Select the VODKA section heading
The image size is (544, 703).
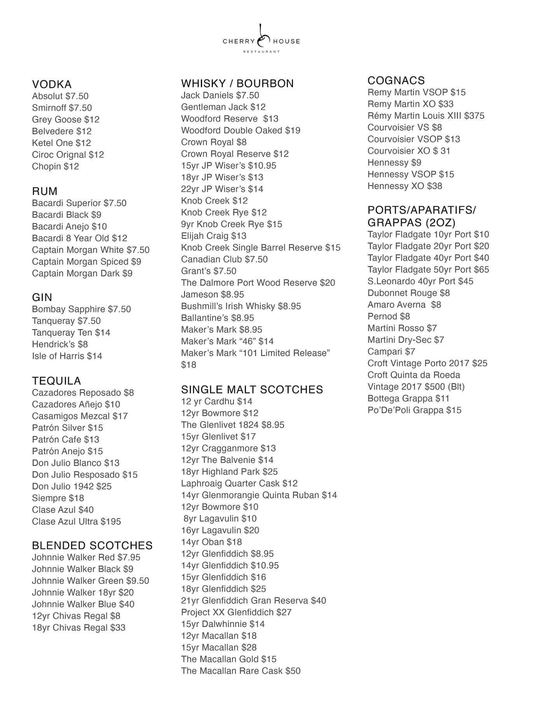[x=52, y=84]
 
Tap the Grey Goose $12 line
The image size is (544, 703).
[x=66, y=120]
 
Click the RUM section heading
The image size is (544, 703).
[x=45, y=191]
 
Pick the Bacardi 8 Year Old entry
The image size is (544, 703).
[x=80, y=238]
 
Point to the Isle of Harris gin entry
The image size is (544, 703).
[x=67, y=356]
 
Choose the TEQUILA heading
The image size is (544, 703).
[x=56, y=381]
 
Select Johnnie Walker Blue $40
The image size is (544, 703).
[x=83, y=604]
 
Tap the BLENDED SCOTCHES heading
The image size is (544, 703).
[x=92, y=545]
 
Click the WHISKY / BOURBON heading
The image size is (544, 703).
[x=237, y=83]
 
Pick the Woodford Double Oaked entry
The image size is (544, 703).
[x=241, y=130]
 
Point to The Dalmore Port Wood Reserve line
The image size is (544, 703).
[x=258, y=283]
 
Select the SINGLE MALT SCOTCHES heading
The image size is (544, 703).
[x=252, y=389]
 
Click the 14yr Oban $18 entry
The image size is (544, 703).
[x=211, y=542]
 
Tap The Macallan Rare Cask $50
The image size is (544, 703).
[x=241, y=671]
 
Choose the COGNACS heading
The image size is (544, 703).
[x=396, y=80]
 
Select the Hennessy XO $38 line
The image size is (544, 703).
[x=405, y=186]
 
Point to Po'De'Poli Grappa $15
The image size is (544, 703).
[x=414, y=410]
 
